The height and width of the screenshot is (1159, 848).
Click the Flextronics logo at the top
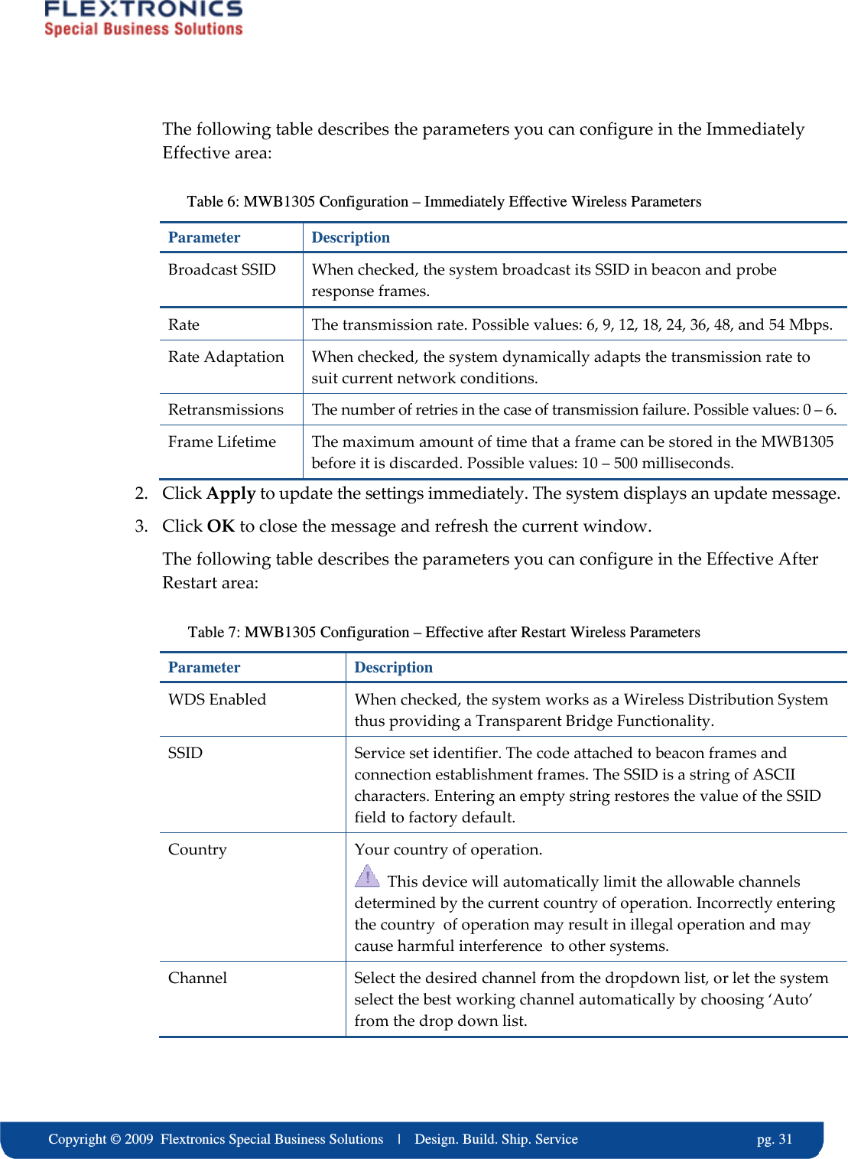point(143,18)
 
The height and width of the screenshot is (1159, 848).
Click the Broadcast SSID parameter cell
point(222,269)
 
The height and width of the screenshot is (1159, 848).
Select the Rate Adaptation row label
point(226,356)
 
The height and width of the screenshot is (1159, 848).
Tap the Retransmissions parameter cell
point(226,409)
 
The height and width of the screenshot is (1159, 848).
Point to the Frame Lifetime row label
point(222,441)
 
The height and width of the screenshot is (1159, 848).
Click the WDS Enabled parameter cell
point(217,699)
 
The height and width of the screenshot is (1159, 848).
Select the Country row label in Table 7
point(197,849)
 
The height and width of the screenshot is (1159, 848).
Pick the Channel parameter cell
point(197,978)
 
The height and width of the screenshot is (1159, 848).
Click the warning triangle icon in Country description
point(367,876)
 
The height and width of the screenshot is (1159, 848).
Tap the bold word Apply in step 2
point(231,493)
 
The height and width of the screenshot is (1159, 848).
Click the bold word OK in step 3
point(220,526)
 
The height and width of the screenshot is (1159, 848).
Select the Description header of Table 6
point(350,237)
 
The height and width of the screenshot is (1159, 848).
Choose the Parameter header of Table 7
point(204,667)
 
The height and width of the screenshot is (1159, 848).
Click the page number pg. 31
point(774,1139)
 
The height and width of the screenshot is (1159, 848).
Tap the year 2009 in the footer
point(139,1139)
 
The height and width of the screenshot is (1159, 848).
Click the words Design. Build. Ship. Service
point(495,1139)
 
